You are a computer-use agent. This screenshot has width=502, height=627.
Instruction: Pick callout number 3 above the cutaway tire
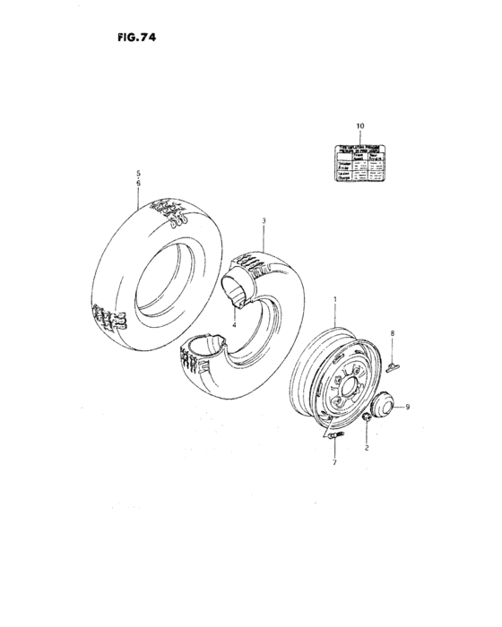tap(264, 219)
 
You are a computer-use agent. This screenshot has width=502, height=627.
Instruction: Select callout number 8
tap(392, 333)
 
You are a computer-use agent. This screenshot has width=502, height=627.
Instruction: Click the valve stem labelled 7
tap(333, 438)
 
